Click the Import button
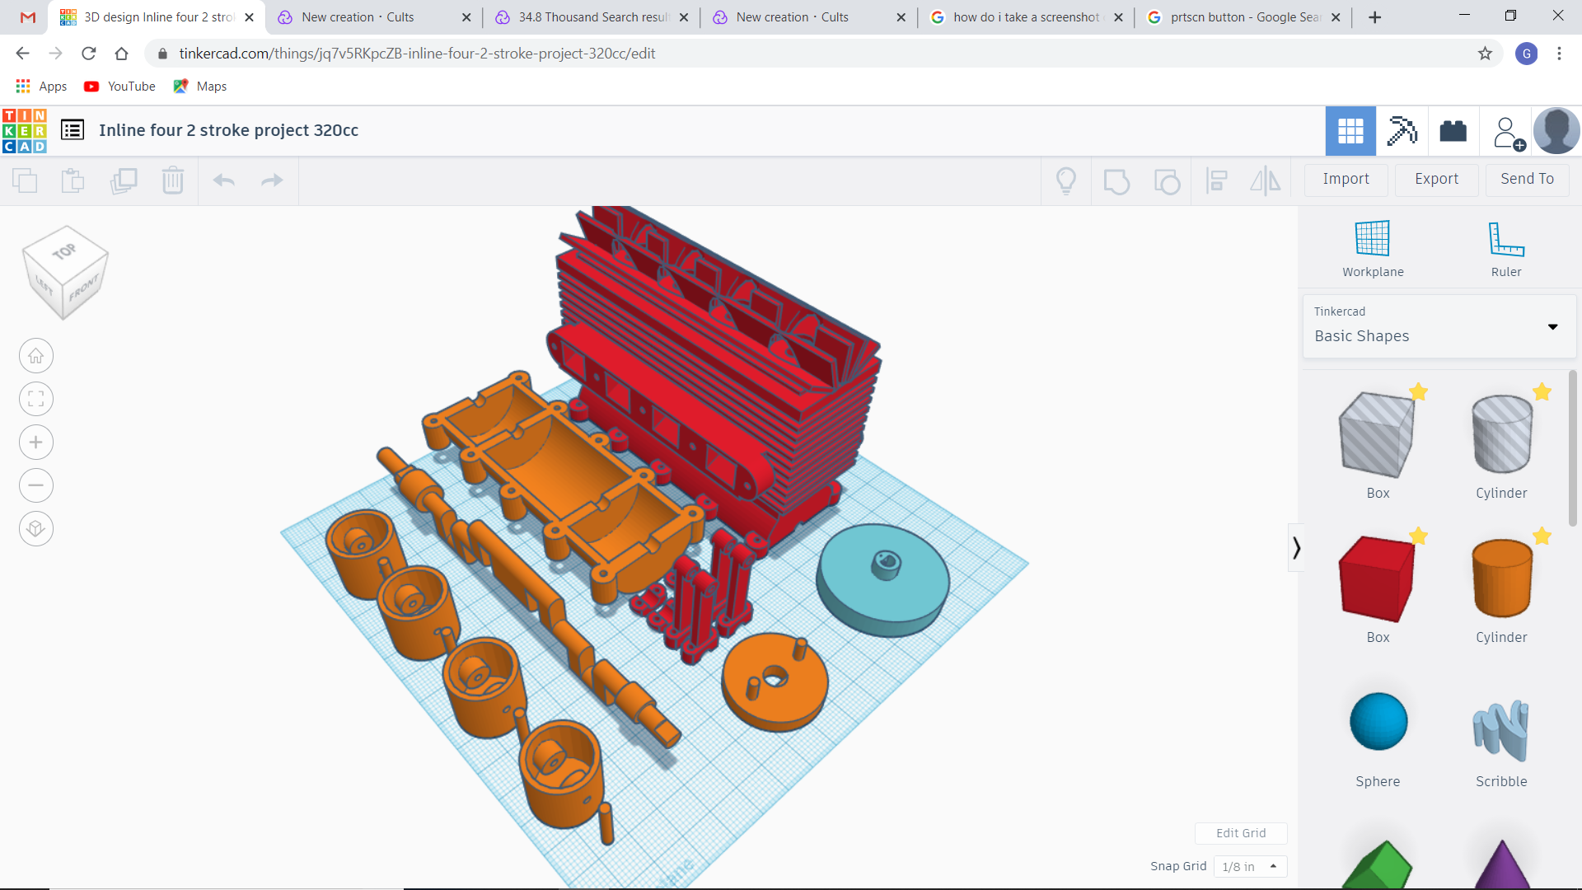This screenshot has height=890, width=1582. [1346, 179]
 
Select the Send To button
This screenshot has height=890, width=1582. [1527, 179]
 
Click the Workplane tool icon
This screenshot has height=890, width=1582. [1373, 240]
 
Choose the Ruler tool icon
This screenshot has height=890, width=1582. [1505, 240]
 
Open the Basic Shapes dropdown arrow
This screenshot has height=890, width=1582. [1552, 327]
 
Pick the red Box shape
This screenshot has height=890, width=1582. [1377, 579]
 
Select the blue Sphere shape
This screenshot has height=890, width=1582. [1378, 722]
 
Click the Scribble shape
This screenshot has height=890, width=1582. [1500, 730]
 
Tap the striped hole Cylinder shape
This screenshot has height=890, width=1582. [1501, 434]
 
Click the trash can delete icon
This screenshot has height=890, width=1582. [173, 180]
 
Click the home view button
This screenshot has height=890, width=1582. [36, 356]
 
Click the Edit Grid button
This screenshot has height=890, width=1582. [1241, 833]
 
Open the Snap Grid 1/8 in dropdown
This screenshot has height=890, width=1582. [1250, 866]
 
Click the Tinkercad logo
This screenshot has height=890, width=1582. [25, 131]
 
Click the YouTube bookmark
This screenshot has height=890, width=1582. [120, 87]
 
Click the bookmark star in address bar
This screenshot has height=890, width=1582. [1485, 54]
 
